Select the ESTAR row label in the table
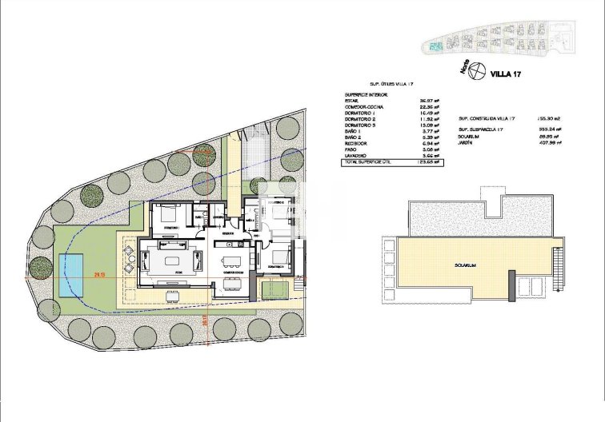click(x=353, y=100)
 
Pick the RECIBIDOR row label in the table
click(x=358, y=143)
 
